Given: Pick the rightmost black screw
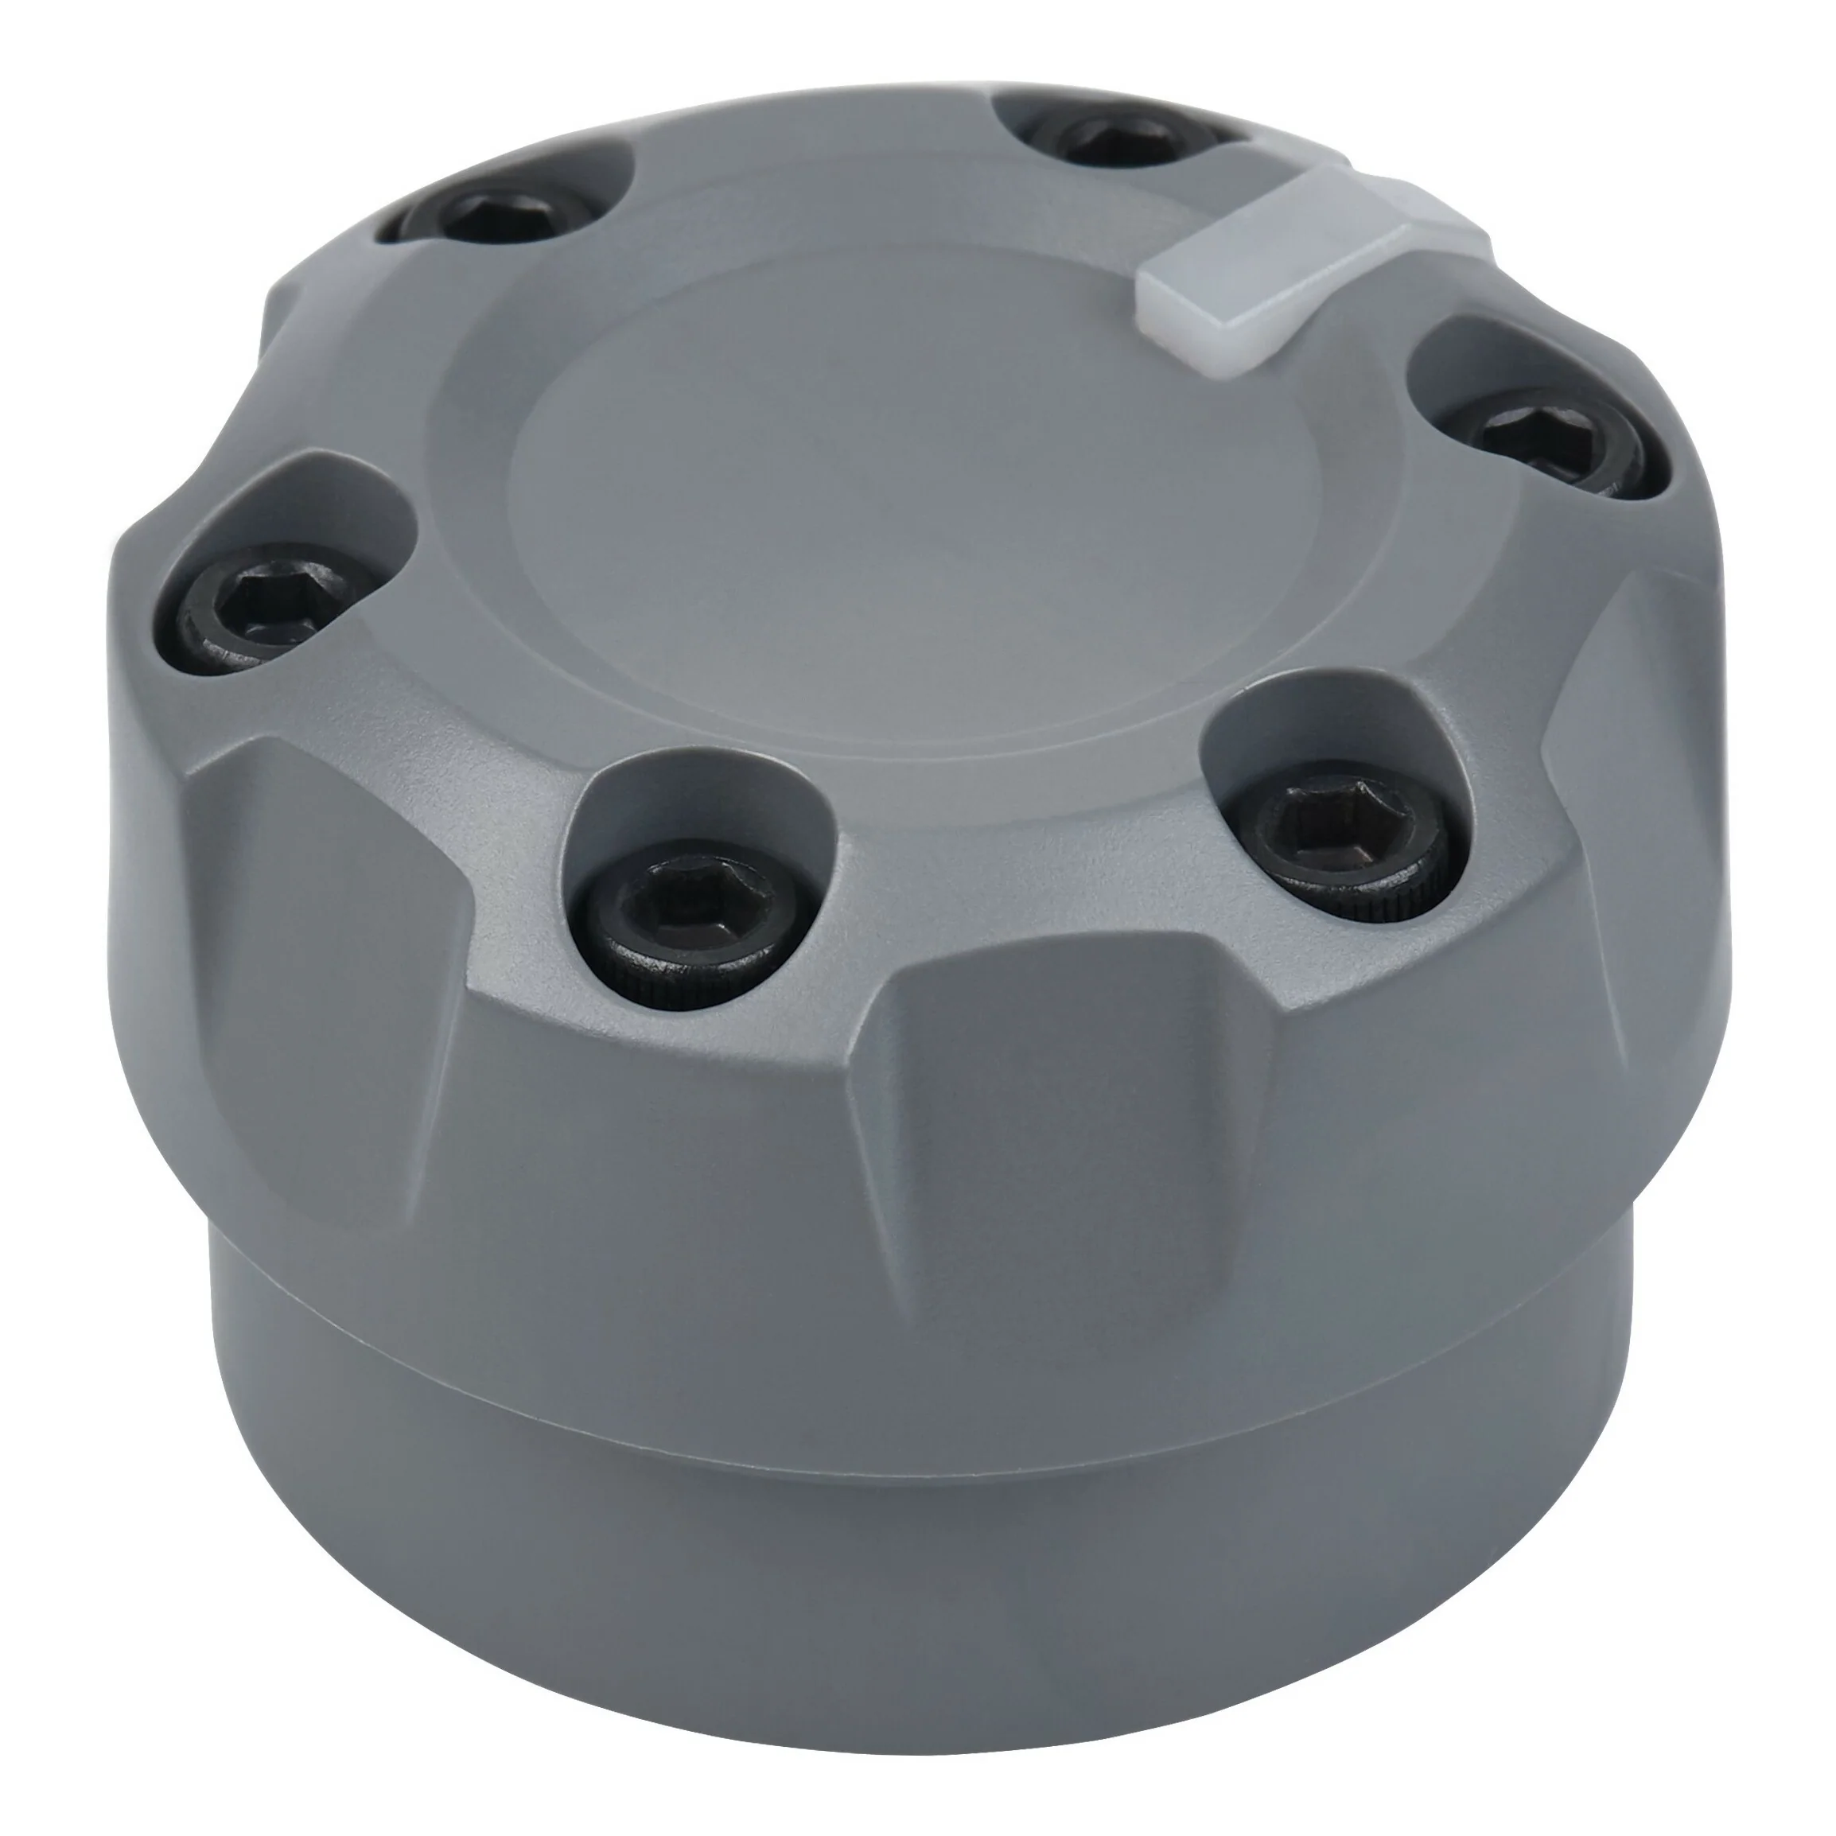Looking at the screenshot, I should [1558, 446].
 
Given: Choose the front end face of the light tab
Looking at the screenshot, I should [1207, 304].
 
